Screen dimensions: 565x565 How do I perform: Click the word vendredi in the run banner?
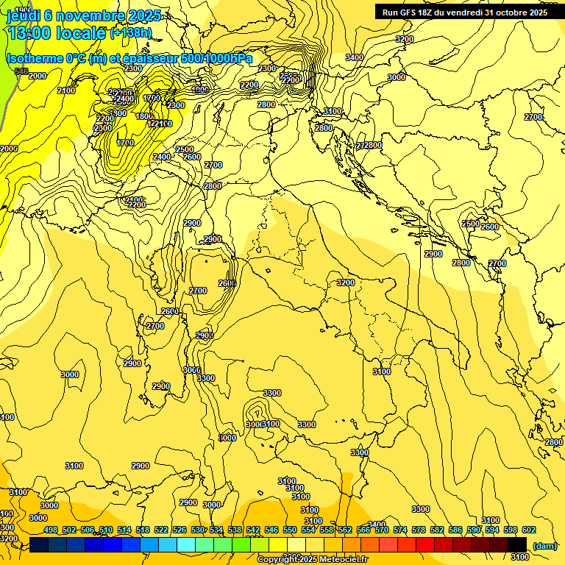pos(463,12)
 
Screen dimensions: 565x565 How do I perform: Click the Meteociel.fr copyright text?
pos(312,559)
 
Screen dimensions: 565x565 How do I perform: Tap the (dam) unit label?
pos(544,546)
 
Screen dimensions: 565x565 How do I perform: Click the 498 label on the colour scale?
pos(51,530)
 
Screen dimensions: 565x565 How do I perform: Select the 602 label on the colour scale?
pos(528,530)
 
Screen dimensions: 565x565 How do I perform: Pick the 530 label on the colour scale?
pos(198,530)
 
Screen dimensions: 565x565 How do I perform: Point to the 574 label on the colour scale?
pos(399,530)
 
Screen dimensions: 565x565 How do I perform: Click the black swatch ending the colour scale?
pos(517,544)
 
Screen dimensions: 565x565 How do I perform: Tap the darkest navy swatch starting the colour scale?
pos(39,544)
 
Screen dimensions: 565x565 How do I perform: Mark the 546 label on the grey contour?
pos(21,71)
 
